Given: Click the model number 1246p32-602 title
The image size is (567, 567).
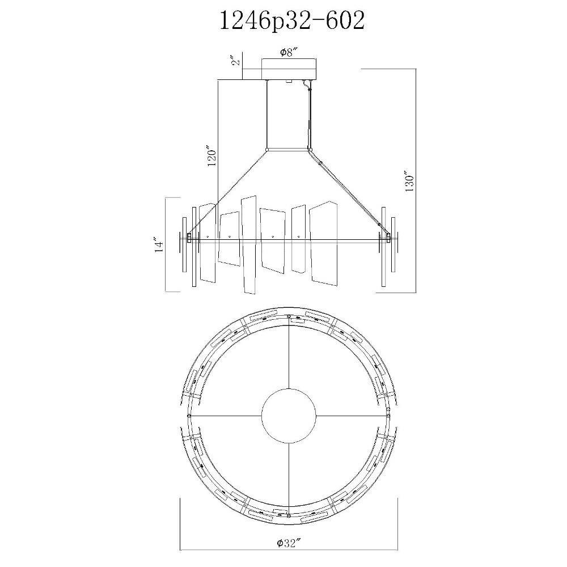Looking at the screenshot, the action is point(292,22).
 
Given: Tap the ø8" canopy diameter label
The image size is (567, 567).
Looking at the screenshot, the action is point(289,53).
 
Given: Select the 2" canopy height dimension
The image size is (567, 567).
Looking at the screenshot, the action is point(236,60).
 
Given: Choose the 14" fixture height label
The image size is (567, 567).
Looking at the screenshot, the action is point(159,244).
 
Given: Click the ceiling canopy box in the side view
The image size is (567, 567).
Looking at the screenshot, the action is point(289,69).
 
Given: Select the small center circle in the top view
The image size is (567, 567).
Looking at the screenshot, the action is point(289,416).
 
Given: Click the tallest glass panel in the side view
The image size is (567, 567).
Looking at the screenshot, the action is point(249,245).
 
